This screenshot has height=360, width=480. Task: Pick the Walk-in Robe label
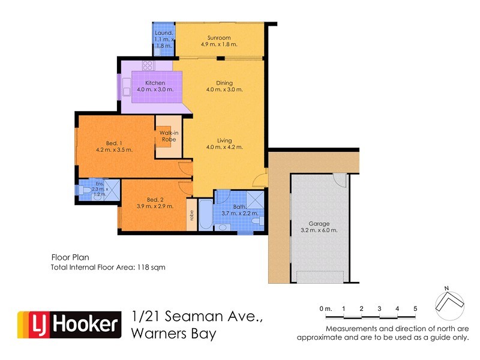(167, 136)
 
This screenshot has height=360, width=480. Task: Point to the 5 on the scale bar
(415, 308)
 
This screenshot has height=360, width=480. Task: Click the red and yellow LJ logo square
(31, 325)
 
